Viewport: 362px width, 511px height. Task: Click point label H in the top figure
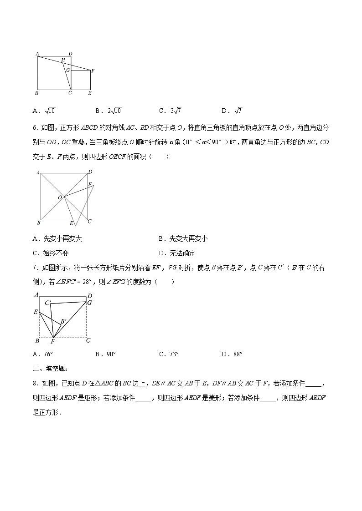click(63, 61)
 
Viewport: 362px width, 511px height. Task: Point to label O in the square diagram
click(60, 197)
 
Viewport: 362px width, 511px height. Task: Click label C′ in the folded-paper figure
click(48, 303)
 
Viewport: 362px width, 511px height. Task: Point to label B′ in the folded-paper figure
click(63, 322)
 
